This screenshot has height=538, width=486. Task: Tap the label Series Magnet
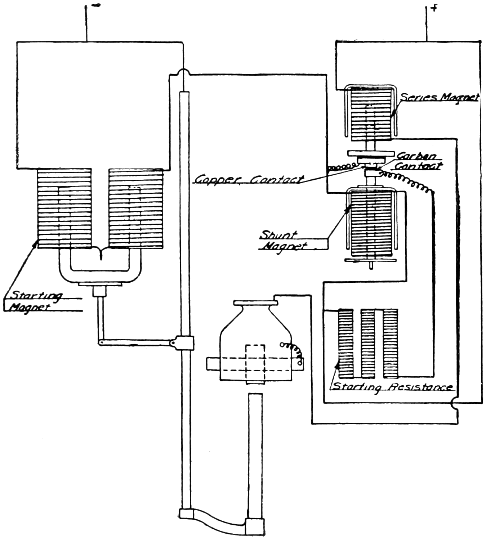coord(440,97)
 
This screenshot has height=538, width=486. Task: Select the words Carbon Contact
coord(418,161)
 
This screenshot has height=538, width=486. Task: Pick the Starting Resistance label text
coord(392,387)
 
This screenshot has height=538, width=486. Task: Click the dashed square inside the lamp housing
coord(255,364)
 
